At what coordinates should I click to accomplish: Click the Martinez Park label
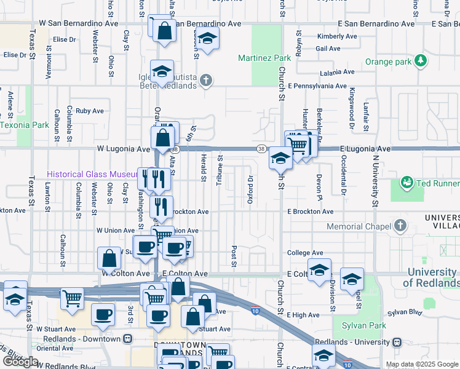264,58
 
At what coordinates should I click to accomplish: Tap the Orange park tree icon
421,60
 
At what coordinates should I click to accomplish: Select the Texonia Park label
24,125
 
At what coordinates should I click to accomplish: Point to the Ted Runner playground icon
406,182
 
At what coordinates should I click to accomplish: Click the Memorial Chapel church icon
401,225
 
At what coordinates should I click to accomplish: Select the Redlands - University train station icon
397,342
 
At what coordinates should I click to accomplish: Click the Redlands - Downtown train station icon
127,339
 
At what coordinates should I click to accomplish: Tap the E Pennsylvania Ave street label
317,88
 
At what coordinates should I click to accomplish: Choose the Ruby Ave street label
90,111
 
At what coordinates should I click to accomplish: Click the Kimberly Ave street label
337,37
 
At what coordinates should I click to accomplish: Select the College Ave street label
305,253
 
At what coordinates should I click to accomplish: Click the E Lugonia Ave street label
365,149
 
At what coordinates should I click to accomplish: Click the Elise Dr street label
64,39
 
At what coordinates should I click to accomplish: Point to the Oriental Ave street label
54,347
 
